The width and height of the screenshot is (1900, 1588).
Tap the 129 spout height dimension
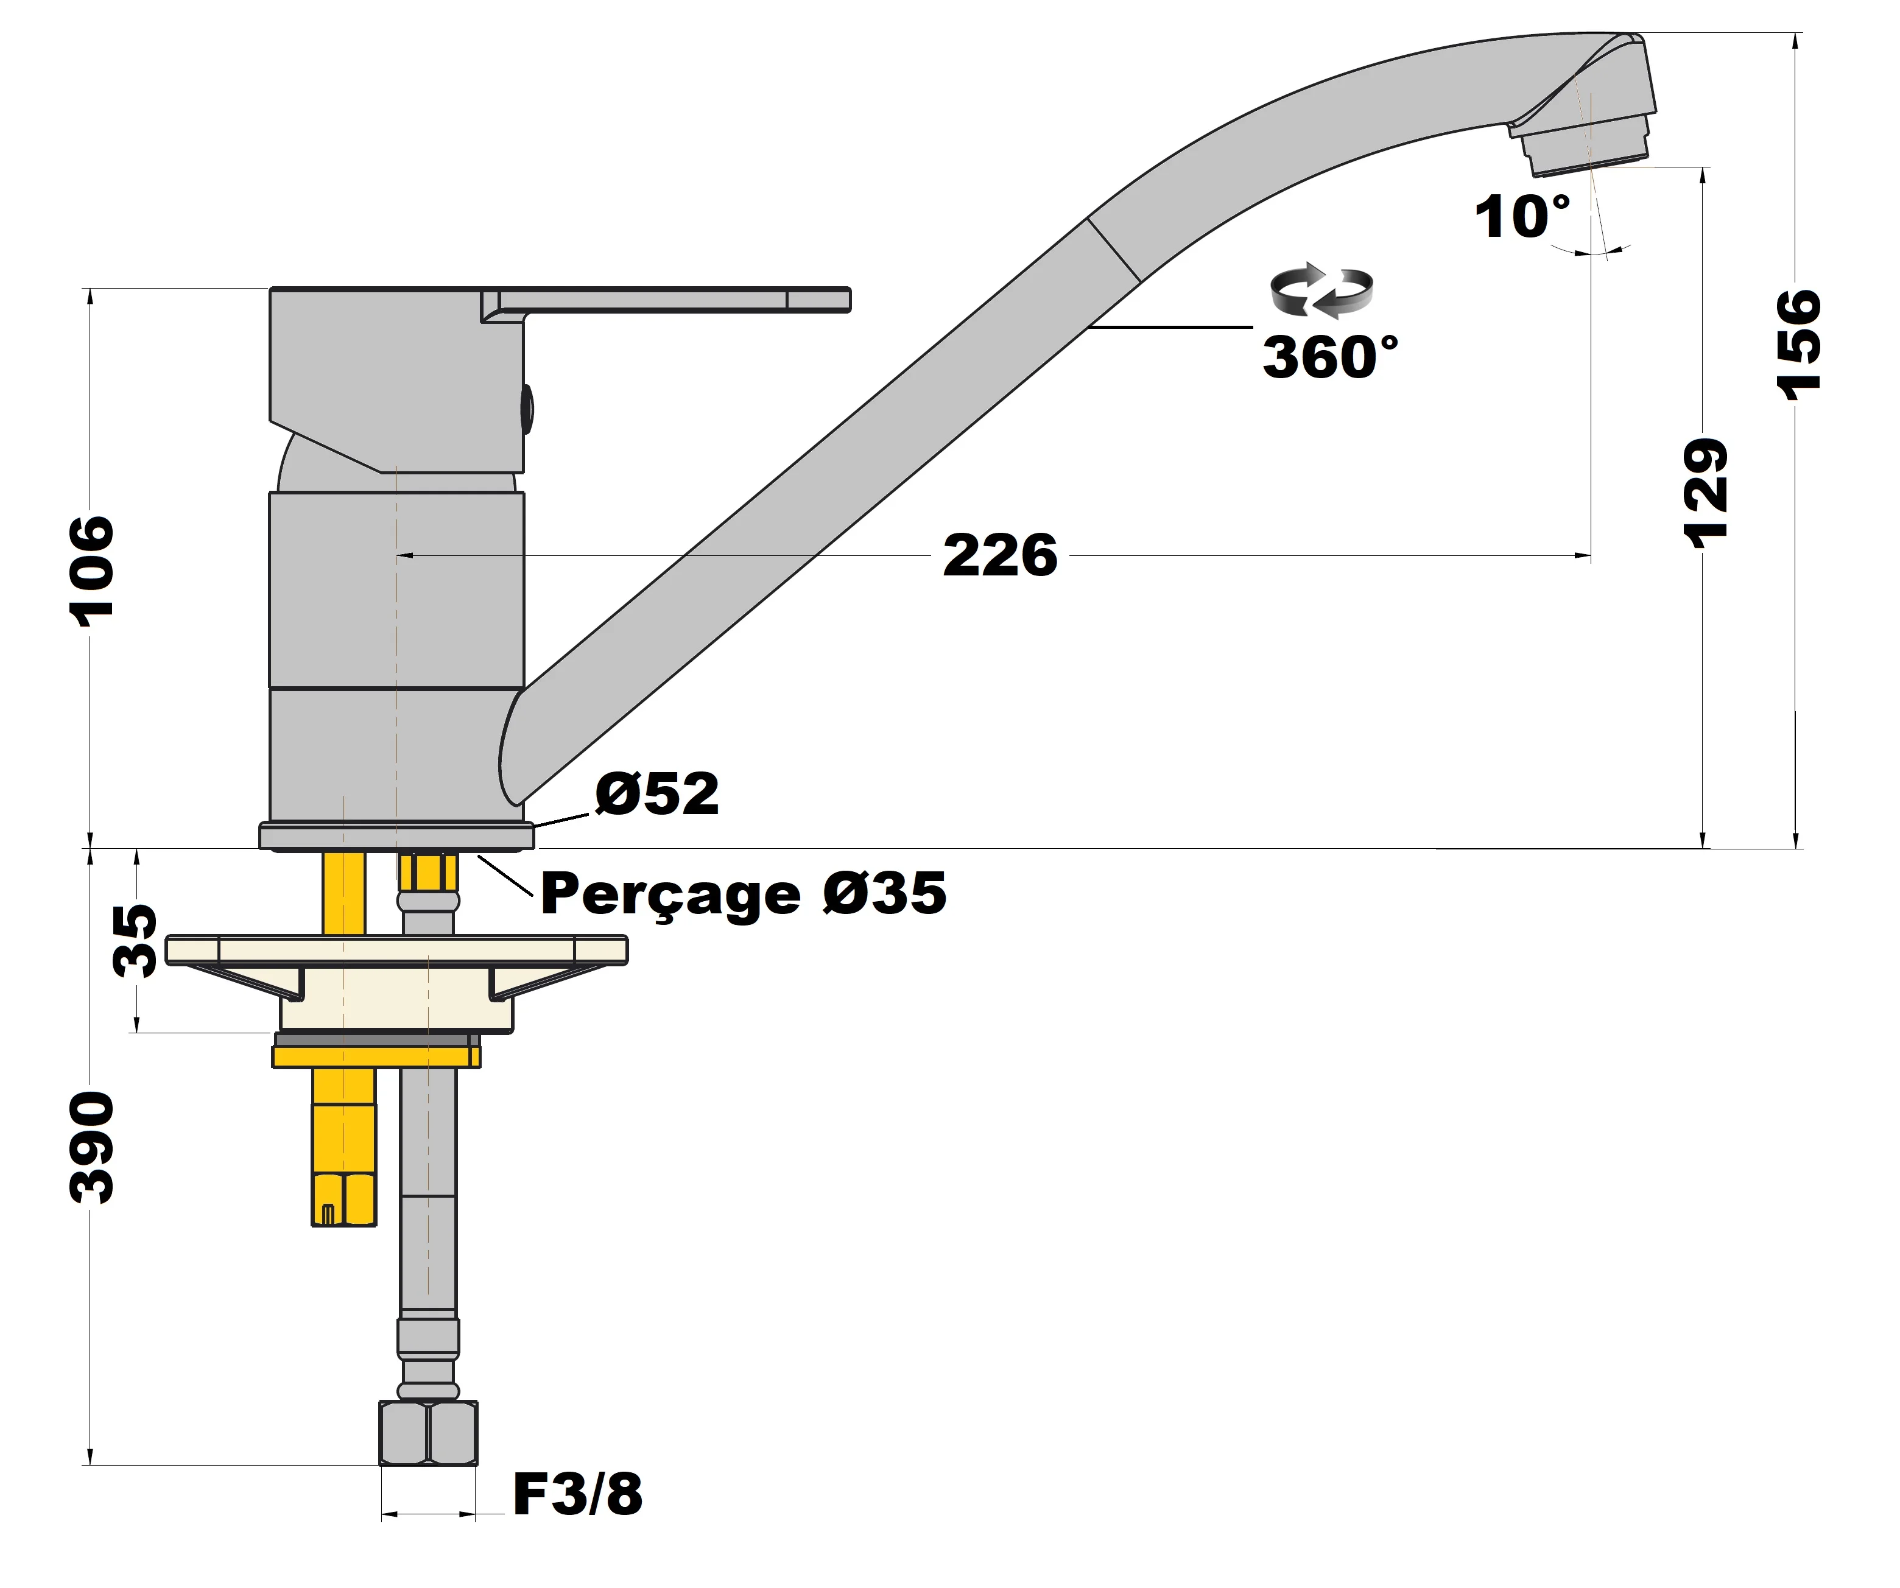(x=1706, y=493)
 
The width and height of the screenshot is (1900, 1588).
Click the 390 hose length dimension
(x=93, y=1147)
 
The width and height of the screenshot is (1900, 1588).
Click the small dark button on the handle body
(x=527, y=409)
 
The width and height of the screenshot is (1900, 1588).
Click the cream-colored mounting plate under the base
(x=396, y=949)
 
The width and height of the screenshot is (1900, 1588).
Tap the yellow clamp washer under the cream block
(x=376, y=1056)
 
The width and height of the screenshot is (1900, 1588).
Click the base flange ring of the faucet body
(x=396, y=836)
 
